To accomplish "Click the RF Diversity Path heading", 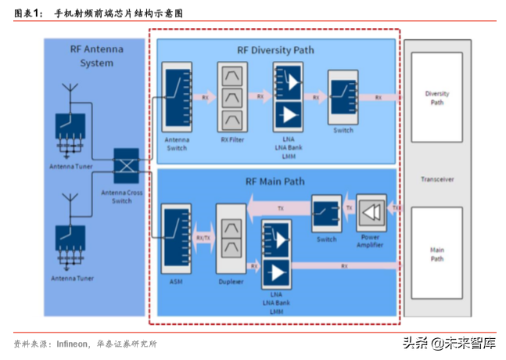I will pos(275,50).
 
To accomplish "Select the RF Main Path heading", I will pos(275,182).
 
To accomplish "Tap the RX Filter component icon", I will pos(231,98).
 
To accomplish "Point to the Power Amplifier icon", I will pos(371,210).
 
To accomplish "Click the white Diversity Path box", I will pos(436,98).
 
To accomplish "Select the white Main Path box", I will pos(436,254).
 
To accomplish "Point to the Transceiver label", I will pos(436,179).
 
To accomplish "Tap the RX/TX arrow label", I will pos(203,237).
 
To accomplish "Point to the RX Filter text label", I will pos(231,141).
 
